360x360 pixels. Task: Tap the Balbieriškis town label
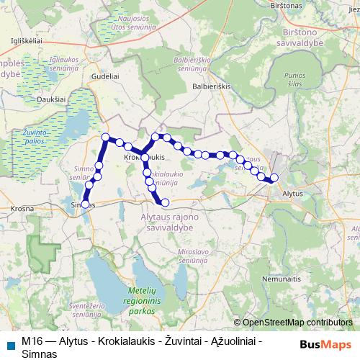click(x=212, y=85)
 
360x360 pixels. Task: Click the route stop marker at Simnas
click(x=85, y=204)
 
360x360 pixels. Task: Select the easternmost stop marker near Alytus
click(x=274, y=178)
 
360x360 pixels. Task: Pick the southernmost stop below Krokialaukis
click(x=165, y=202)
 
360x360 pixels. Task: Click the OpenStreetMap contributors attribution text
click(x=297, y=323)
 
